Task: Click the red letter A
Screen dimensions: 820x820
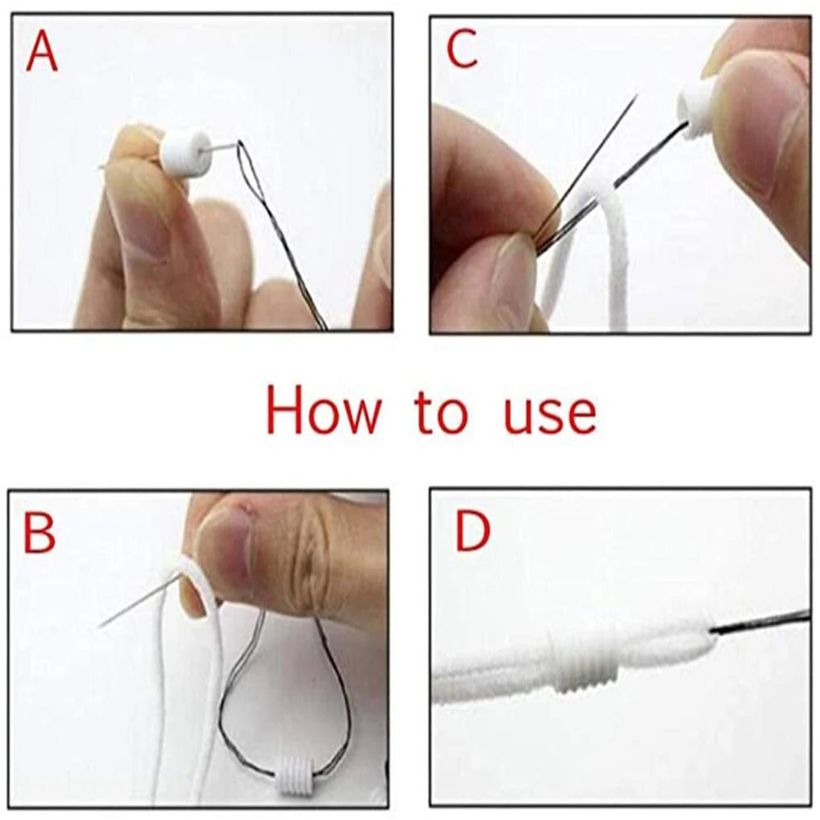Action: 41,52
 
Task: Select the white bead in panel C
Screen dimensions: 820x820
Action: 698,112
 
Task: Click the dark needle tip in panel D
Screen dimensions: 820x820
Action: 762,622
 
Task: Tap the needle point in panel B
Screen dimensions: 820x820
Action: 100,626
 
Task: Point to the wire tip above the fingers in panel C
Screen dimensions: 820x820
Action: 637,94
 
